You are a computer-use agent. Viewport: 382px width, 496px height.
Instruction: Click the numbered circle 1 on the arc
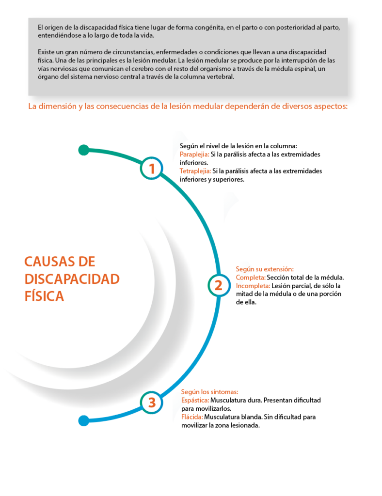coord(152,168)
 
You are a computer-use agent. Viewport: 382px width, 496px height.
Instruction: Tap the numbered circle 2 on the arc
coord(219,285)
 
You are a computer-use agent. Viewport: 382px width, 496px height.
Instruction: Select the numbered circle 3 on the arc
coord(152,403)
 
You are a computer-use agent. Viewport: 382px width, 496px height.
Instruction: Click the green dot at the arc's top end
coord(83,150)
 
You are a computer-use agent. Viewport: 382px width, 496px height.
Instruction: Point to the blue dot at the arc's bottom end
coord(83,421)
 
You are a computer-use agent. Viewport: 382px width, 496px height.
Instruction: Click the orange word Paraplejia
coord(194,155)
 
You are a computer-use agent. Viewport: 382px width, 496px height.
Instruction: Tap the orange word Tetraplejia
coord(195,171)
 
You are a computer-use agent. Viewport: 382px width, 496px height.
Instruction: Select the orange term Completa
coord(251,278)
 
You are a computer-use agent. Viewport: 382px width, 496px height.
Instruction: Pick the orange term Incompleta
coord(253,286)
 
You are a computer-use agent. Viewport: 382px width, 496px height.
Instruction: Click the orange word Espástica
coord(195,401)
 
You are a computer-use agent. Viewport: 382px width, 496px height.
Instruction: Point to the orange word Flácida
coord(192,417)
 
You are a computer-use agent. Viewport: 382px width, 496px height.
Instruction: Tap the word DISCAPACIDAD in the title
coord(72,279)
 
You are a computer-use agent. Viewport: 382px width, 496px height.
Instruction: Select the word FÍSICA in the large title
coord(44,296)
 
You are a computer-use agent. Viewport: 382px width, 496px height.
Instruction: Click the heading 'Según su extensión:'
coord(265,269)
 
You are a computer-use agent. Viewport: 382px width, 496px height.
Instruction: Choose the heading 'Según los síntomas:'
coord(209,392)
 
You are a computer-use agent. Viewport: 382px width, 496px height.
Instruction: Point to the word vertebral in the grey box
coord(221,77)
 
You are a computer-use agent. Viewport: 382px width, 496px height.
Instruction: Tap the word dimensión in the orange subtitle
coord(57,106)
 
